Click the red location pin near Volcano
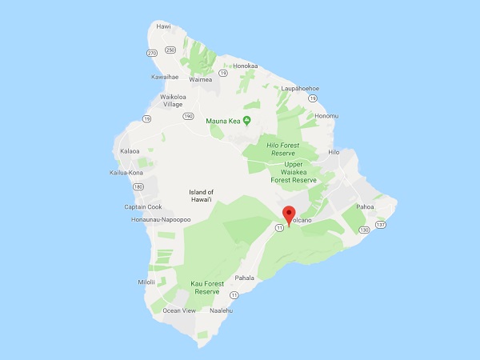click(288, 214)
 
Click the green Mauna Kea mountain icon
click(247, 121)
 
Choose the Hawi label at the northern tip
click(164, 26)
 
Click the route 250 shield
click(170, 50)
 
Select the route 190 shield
click(188, 116)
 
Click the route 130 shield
click(364, 230)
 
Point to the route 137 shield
click(380, 225)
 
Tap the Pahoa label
click(366, 206)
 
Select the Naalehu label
click(220, 310)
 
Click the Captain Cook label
click(143, 206)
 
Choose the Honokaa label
click(245, 66)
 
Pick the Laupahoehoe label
click(299, 89)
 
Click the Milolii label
click(146, 282)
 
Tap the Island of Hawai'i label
click(201, 196)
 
